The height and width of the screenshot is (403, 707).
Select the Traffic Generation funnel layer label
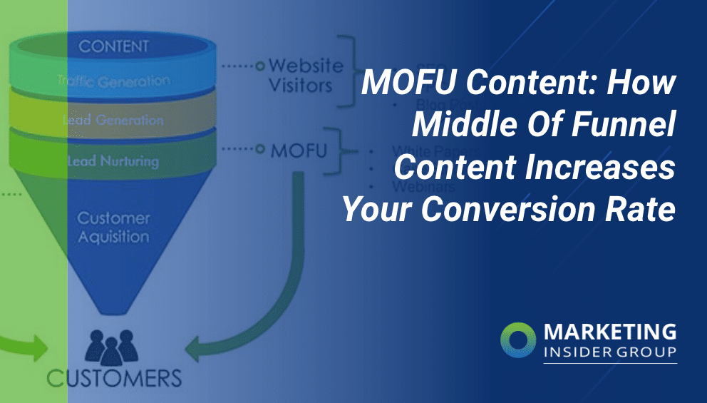point(114,81)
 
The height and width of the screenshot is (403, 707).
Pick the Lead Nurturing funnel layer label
point(114,162)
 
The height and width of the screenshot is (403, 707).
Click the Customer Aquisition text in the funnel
point(113,227)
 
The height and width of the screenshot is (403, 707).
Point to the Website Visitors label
point(305,76)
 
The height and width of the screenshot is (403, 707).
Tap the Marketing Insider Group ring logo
point(517,341)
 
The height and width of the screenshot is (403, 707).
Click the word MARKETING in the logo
point(610,332)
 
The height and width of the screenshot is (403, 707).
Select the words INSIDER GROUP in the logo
point(609,352)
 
